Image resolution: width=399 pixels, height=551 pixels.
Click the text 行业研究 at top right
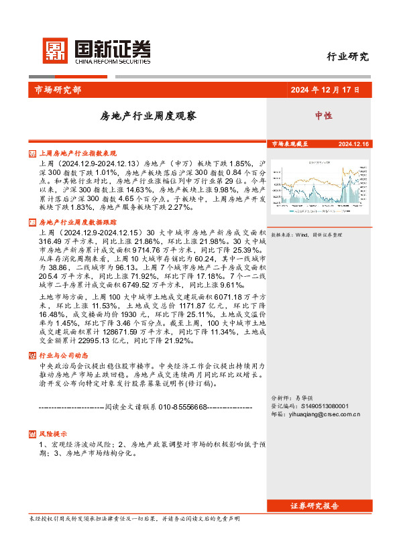tap(347, 56)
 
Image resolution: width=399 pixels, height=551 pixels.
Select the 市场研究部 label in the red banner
tap(54, 90)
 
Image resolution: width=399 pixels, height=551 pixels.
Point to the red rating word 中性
tap(324, 115)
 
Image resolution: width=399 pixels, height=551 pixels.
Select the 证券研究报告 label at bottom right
tap(315, 505)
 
